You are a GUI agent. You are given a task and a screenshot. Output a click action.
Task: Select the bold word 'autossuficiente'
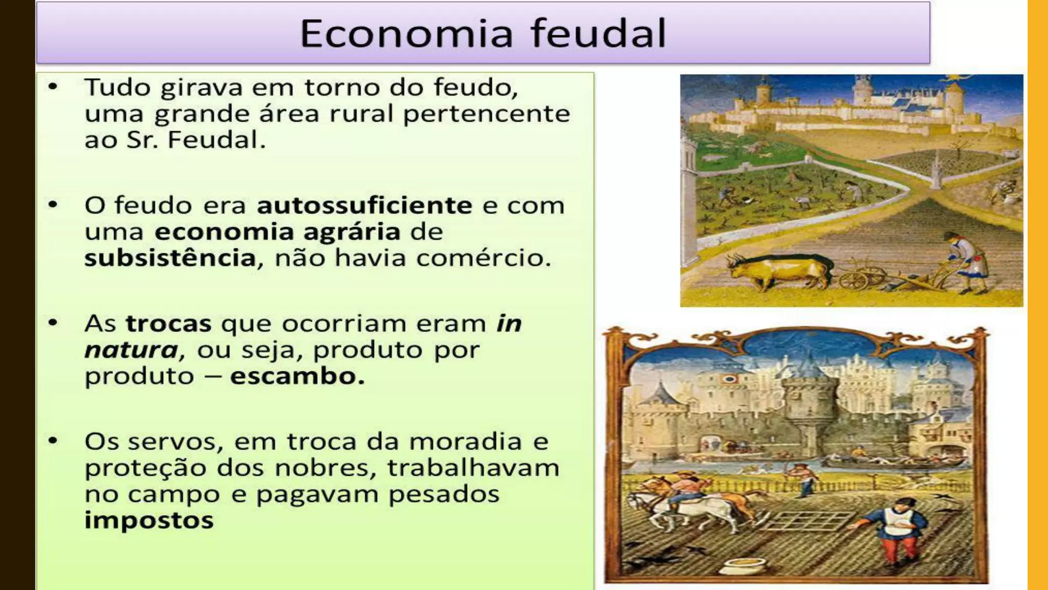coord(364,206)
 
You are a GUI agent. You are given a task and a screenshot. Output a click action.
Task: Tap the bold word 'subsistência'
coord(170,258)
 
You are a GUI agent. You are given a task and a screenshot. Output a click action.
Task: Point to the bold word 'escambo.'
coord(297,376)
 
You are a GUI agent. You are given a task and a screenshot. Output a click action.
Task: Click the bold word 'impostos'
coord(149,521)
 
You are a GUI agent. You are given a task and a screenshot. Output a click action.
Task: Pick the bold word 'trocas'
coord(168,324)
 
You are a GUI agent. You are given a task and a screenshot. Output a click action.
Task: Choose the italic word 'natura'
coord(131,350)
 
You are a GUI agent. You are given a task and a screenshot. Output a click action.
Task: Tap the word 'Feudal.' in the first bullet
coord(216,140)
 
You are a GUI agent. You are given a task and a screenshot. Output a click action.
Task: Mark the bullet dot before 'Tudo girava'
coord(53,87)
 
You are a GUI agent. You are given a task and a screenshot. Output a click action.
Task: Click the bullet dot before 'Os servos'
coord(53,440)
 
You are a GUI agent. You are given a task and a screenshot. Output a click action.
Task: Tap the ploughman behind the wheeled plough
coord(965,261)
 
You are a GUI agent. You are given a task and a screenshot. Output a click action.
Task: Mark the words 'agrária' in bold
coord(352,232)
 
